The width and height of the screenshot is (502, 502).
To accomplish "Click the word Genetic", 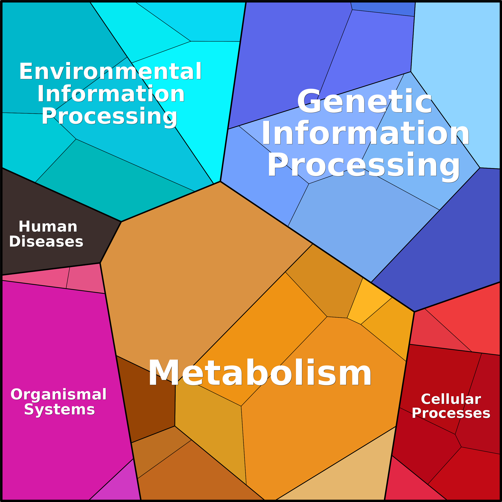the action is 364,101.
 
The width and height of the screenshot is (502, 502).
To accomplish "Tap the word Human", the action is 48,227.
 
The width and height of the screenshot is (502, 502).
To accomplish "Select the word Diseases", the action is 46,241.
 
